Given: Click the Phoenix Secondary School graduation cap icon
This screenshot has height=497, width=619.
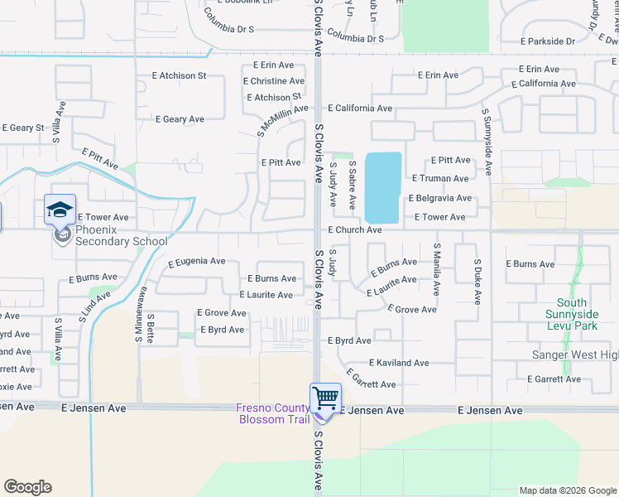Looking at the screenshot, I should pyautogui.click(x=60, y=210).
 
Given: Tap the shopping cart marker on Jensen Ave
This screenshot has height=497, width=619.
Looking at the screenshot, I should pyautogui.click(x=324, y=398).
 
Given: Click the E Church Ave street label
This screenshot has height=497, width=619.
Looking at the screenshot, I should pyautogui.click(x=354, y=229).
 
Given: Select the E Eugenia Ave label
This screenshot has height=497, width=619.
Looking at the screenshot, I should pyautogui.click(x=196, y=262).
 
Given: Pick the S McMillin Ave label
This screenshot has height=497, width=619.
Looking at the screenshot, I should pyautogui.click(x=281, y=121).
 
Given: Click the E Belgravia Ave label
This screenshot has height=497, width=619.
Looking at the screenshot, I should pyautogui.click(x=440, y=199).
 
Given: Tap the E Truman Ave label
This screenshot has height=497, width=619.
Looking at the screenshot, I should pyautogui.click(x=439, y=179).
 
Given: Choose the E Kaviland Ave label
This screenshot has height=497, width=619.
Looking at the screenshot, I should pyautogui.click(x=399, y=363).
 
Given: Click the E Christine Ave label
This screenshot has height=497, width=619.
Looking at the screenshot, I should pyautogui.click(x=274, y=81).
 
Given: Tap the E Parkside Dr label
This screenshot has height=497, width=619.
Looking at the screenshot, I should pyautogui.click(x=548, y=41).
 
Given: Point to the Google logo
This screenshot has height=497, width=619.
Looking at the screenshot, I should pyautogui.click(x=27, y=487).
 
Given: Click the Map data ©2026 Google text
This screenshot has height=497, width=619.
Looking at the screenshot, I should pyautogui.click(x=568, y=490).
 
